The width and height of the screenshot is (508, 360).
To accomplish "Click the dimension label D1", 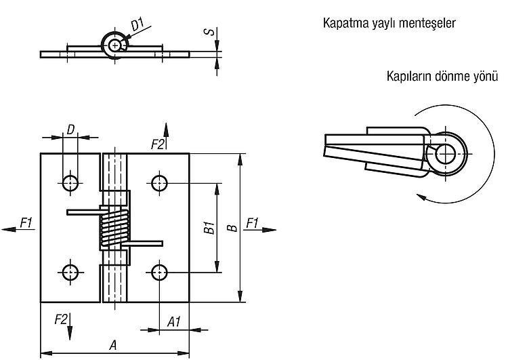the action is [137, 25].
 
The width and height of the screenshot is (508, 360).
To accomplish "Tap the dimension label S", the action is [209, 31].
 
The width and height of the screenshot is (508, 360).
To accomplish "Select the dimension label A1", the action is [173, 322].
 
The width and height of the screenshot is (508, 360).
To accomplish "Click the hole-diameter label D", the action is [70, 129].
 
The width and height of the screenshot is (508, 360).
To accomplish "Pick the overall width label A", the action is [112, 345].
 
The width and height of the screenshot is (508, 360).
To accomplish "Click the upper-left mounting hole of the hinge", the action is [70, 183].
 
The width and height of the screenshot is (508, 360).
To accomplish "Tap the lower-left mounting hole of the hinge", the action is [70, 273].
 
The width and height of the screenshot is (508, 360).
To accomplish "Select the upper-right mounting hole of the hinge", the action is [159, 183].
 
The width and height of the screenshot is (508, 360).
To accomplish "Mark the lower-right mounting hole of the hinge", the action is [159, 273].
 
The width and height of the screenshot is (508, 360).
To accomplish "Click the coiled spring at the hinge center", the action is [114, 228].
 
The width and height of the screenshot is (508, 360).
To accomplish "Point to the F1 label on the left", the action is [26, 223].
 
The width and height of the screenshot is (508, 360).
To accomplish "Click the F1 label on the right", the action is [253, 223].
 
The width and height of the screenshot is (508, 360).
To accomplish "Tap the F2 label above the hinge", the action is [158, 144].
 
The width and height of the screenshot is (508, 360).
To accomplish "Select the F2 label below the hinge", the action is [61, 320].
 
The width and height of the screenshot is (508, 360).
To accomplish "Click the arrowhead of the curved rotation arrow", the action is [421, 197].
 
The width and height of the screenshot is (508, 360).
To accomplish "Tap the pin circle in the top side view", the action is [114, 45].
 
